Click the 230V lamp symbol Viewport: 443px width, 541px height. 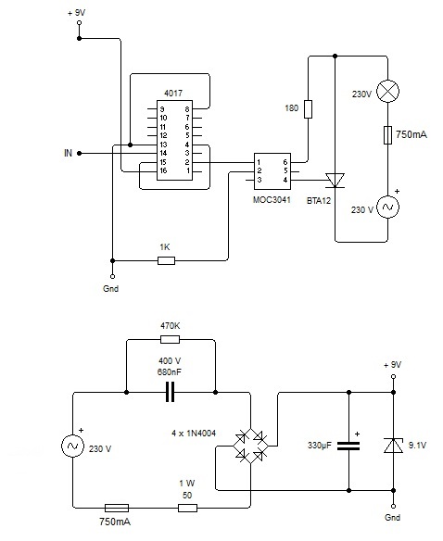click(387, 92)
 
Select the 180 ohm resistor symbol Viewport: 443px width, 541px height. click(309, 109)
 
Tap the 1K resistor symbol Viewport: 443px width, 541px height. click(166, 260)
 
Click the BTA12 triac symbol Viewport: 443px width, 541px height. click(335, 180)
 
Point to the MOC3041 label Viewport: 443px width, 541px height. click(272, 200)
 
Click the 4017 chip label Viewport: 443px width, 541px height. click(173, 94)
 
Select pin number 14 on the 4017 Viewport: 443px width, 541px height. click(163, 153)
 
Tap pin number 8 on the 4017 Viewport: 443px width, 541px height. click(187, 109)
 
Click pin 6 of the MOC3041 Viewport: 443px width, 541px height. click(285, 162)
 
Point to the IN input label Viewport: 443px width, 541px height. click(68, 153)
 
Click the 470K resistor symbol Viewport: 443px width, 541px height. click(171, 340)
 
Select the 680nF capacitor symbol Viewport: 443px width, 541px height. click(171, 392)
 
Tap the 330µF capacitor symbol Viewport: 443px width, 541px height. click(348, 446)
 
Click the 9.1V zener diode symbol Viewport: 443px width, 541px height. click(393, 445)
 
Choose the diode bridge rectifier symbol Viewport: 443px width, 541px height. click(251, 447)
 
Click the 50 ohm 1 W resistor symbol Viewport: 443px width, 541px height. click(187, 508)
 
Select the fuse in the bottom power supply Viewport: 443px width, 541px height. click(117, 508)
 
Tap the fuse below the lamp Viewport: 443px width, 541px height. click(387, 135)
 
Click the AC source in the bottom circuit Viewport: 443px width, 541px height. click(73, 446)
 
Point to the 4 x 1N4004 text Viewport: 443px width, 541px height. click(194, 433)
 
